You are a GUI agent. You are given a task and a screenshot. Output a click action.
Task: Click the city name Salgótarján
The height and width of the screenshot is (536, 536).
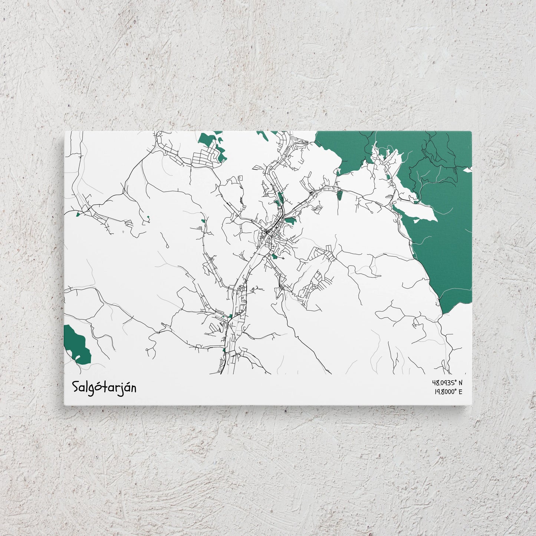[104, 387]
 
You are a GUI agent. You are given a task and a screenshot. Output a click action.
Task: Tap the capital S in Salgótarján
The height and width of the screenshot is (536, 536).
[75, 387]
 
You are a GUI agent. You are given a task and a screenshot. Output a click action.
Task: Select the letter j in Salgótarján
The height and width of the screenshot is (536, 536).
[120, 388]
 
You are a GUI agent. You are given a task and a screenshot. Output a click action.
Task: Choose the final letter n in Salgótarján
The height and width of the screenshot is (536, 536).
[133, 388]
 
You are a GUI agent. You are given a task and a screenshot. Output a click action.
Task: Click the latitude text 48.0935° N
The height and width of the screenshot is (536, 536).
[447, 382]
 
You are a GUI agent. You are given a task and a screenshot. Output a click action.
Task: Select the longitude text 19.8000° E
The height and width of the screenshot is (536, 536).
[447, 391]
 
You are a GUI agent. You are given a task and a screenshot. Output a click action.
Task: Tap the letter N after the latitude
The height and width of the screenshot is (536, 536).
[461, 382]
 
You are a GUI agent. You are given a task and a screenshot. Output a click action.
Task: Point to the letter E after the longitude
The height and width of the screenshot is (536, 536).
[461, 391]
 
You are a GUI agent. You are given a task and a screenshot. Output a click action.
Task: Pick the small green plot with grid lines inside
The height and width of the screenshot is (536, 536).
[340, 194]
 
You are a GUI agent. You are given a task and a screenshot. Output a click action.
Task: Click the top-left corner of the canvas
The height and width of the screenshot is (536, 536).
[65, 131]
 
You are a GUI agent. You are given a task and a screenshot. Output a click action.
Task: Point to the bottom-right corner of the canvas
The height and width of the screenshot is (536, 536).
[472, 405]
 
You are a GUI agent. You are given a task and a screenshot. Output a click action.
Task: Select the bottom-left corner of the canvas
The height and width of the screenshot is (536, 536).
[65, 405]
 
